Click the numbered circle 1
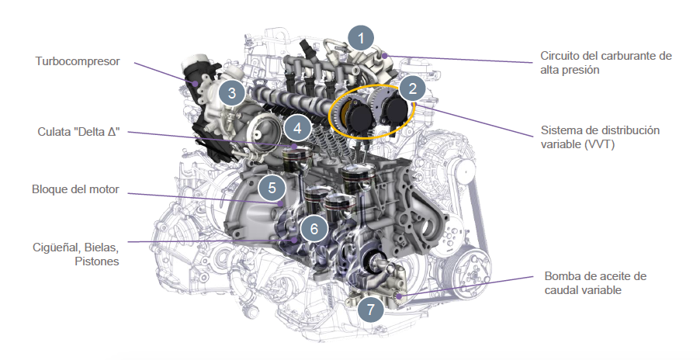point(361,38)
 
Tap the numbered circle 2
point(413,88)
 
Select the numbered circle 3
point(232,93)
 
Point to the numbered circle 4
point(297,129)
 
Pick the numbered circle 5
point(272,188)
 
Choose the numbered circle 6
point(314,229)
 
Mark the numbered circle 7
point(370,309)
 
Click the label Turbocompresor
point(78,61)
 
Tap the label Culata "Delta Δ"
point(78,132)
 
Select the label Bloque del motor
point(75,189)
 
